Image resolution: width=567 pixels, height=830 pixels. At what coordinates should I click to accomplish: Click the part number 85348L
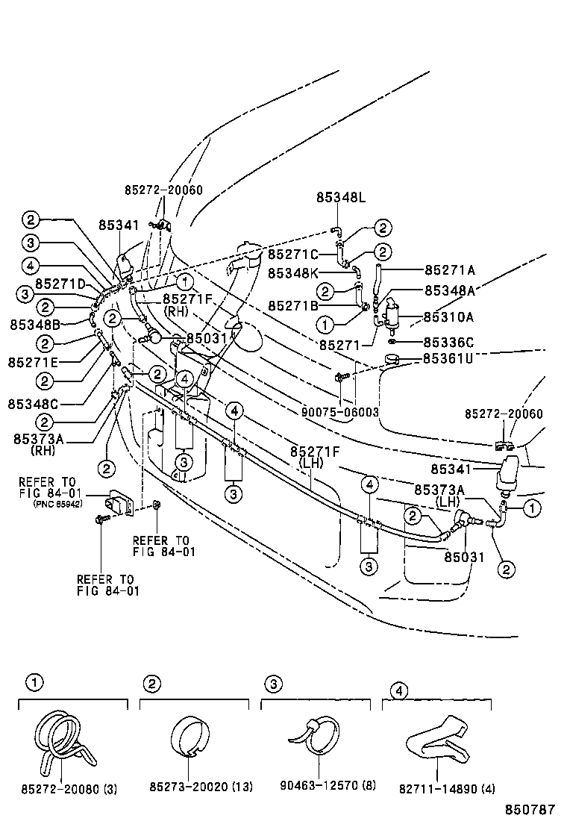(341, 197)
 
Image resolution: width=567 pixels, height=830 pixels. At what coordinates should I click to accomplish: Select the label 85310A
(449, 316)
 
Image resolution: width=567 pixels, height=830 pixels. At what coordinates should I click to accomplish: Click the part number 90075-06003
(341, 412)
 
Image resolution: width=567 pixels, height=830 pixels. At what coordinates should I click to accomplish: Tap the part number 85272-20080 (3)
(69, 788)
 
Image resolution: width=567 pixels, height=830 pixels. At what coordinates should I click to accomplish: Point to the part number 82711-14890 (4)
(447, 788)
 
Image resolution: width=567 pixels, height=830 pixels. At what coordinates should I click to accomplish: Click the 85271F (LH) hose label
(315, 458)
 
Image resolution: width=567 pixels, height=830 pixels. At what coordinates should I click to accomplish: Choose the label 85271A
(449, 269)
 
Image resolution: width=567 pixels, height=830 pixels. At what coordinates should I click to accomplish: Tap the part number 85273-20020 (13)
(200, 788)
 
